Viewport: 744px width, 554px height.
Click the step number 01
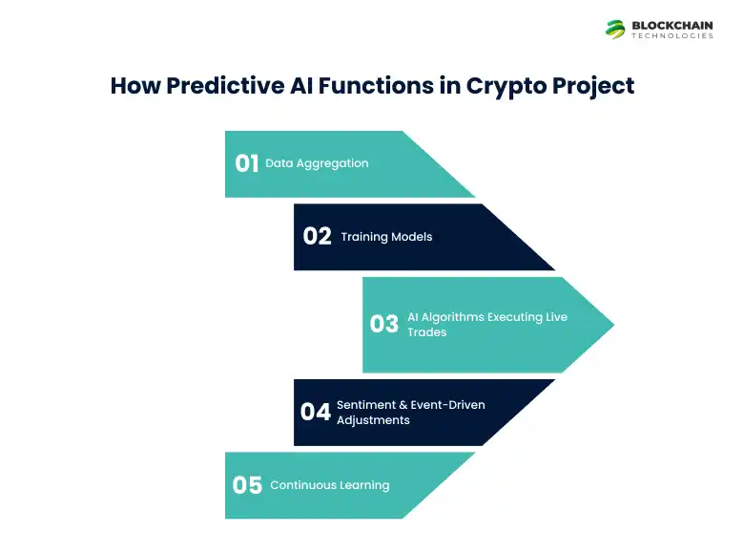pyautogui.click(x=247, y=163)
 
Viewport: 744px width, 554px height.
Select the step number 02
pyautogui.click(x=317, y=236)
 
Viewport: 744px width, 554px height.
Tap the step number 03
pyautogui.click(x=383, y=324)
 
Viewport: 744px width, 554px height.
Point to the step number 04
pyautogui.click(x=315, y=412)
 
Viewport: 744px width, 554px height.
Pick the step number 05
pyautogui.click(x=247, y=485)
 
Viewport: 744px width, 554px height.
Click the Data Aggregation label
pyautogui.click(x=317, y=163)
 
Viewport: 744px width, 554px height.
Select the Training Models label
pyautogui.click(x=386, y=237)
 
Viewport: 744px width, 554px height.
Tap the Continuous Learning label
pyautogui.click(x=330, y=485)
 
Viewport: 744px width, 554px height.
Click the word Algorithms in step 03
pyautogui.click(x=455, y=317)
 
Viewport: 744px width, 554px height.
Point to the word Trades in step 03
pyautogui.click(x=427, y=332)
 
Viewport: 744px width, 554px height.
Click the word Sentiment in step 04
pyautogui.click(x=366, y=405)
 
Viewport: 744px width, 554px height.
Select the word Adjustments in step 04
pyautogui.click(x=373, y=420)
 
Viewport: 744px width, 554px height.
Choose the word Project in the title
pyautogui.click(x=592, y=85)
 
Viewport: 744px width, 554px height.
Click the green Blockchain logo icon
pyautogui.click(x=615, y=29)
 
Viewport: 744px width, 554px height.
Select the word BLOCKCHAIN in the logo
pyautogui.click(x=672, y=25)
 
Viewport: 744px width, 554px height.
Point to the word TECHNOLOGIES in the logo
pyautogui.click(x=672, y=36)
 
